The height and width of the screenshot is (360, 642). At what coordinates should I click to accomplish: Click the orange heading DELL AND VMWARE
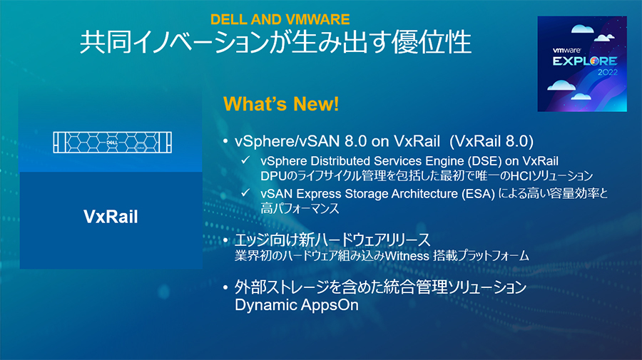coord(280,19)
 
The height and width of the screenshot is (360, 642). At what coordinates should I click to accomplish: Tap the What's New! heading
coord(281,104)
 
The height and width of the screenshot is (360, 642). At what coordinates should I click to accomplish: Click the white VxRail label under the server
coord(111,217)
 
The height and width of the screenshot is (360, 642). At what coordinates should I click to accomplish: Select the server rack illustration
coord(112,143)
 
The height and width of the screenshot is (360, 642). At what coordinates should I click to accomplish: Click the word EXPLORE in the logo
coord(585,61)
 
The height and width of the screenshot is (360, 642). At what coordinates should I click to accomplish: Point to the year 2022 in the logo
coord(608,73)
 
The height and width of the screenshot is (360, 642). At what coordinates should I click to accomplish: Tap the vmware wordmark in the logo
coord(566,51)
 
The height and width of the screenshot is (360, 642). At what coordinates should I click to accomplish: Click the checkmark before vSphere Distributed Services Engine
coord(245,160)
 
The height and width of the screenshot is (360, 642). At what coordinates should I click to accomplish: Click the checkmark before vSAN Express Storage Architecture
coord(245,192)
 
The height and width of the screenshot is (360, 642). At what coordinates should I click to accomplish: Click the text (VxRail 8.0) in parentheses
coord(491,141)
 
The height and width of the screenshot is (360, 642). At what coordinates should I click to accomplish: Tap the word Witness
coord(407,256)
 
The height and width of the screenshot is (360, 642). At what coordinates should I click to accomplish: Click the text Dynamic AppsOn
coord(297,305)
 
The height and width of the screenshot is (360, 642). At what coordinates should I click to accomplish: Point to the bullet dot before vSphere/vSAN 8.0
coord(225,141)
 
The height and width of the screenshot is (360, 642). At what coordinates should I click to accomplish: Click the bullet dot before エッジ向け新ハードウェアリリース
coord(225,240)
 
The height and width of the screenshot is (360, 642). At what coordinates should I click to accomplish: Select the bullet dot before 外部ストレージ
coord(225,287)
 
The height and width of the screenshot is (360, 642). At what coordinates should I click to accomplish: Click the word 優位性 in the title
coord(432,42)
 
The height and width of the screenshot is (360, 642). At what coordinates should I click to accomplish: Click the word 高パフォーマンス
coord(300,208)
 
